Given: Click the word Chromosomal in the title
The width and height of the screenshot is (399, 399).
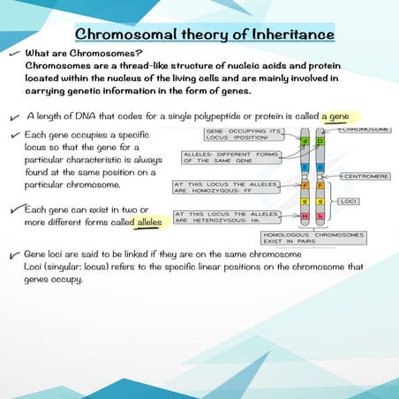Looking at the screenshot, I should tap(128, 34).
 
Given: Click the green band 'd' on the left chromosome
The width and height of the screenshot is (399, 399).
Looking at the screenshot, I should tap(305, 141).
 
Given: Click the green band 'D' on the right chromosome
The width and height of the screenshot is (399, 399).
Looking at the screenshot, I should tap(320, 141).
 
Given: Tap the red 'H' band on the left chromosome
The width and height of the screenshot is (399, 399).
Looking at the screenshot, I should tap(305, 216).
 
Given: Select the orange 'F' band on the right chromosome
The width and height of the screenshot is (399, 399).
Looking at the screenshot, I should tap(320, 186).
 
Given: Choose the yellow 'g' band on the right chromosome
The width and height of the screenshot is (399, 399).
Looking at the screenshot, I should tap(320, 202).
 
